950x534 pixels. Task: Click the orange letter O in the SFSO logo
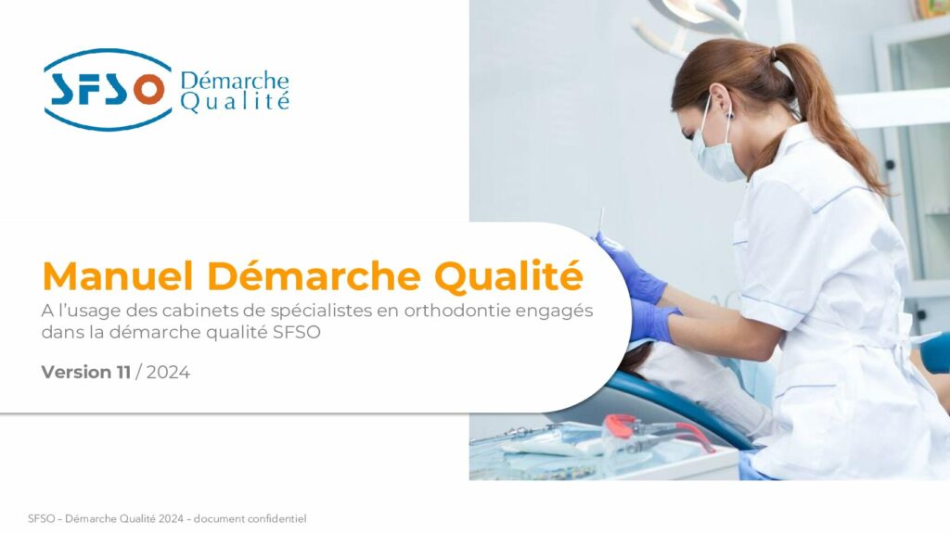[149, 90]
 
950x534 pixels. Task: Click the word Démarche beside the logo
[235, 82]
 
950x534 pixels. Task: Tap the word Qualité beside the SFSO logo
[235, 101]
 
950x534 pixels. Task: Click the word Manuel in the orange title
[118, 276]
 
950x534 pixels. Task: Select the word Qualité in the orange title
[508, 276]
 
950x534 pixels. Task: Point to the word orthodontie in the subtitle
[457, 311]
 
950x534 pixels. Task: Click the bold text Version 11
[86, 372]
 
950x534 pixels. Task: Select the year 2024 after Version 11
[168, 372]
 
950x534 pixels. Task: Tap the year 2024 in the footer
[171, 519]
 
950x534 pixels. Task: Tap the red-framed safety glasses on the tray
[651, 435]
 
